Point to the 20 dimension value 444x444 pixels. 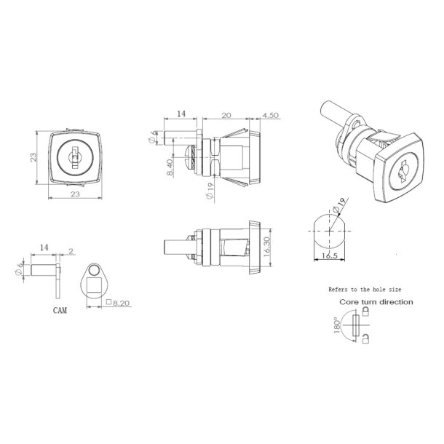(226, 114)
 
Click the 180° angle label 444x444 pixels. (336, 325)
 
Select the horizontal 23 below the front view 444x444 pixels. (74, 195)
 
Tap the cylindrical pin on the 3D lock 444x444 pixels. (330, 117)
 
